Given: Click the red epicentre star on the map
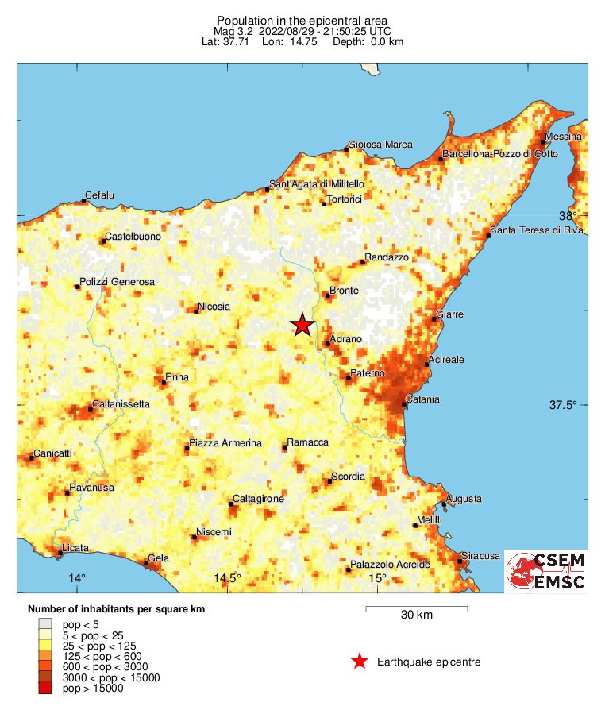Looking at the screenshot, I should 302,325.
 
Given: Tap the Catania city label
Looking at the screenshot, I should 422,399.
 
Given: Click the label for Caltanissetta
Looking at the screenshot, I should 121,404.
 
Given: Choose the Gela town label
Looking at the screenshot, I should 159,558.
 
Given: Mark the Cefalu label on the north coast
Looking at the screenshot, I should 100,195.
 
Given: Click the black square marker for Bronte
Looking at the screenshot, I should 327,296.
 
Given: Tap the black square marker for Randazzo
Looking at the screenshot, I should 363,262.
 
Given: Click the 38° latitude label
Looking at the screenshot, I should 568,215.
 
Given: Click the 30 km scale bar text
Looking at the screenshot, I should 416,615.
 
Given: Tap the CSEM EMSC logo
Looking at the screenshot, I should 545,572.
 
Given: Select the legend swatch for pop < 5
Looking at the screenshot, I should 45,625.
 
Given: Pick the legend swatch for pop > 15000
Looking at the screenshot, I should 45,689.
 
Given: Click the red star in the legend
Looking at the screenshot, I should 360,661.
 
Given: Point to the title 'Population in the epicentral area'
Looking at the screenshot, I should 302,19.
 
